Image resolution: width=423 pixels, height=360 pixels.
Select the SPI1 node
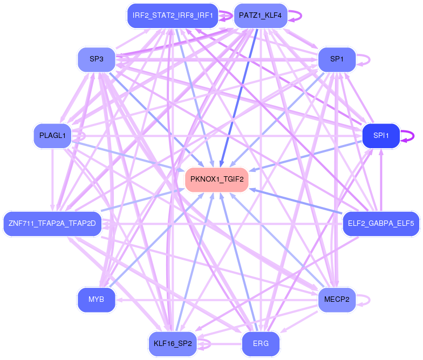pyautogui.click(x=381, y=136)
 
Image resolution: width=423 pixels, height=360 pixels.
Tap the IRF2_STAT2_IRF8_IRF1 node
pyautogui.click(x=172, y=16)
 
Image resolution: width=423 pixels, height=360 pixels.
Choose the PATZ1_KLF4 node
pyautogui.click(x=260, y=16)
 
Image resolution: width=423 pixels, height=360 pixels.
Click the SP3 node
pyautogui.click(x=97, y=59)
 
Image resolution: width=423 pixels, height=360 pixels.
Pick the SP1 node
pyautogui.click(x=337, y=59)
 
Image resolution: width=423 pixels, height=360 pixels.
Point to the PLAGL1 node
pyautogui.click(x=52, y=135)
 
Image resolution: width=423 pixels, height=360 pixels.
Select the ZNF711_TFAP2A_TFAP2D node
pyautogui.click(x=52, y=223)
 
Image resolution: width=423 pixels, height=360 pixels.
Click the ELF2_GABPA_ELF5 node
pyautogui.click(x=381, y=223)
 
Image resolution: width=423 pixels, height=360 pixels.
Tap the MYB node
pyautogui.click(x=97, y=299)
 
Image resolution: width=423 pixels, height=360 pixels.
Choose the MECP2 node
pyautogui.click(x=337, y=299)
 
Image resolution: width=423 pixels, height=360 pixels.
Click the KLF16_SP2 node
pyautogui.click(x=172, y=343)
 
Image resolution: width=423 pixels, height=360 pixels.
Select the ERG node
pyautogui.click(x=260, y=343)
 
